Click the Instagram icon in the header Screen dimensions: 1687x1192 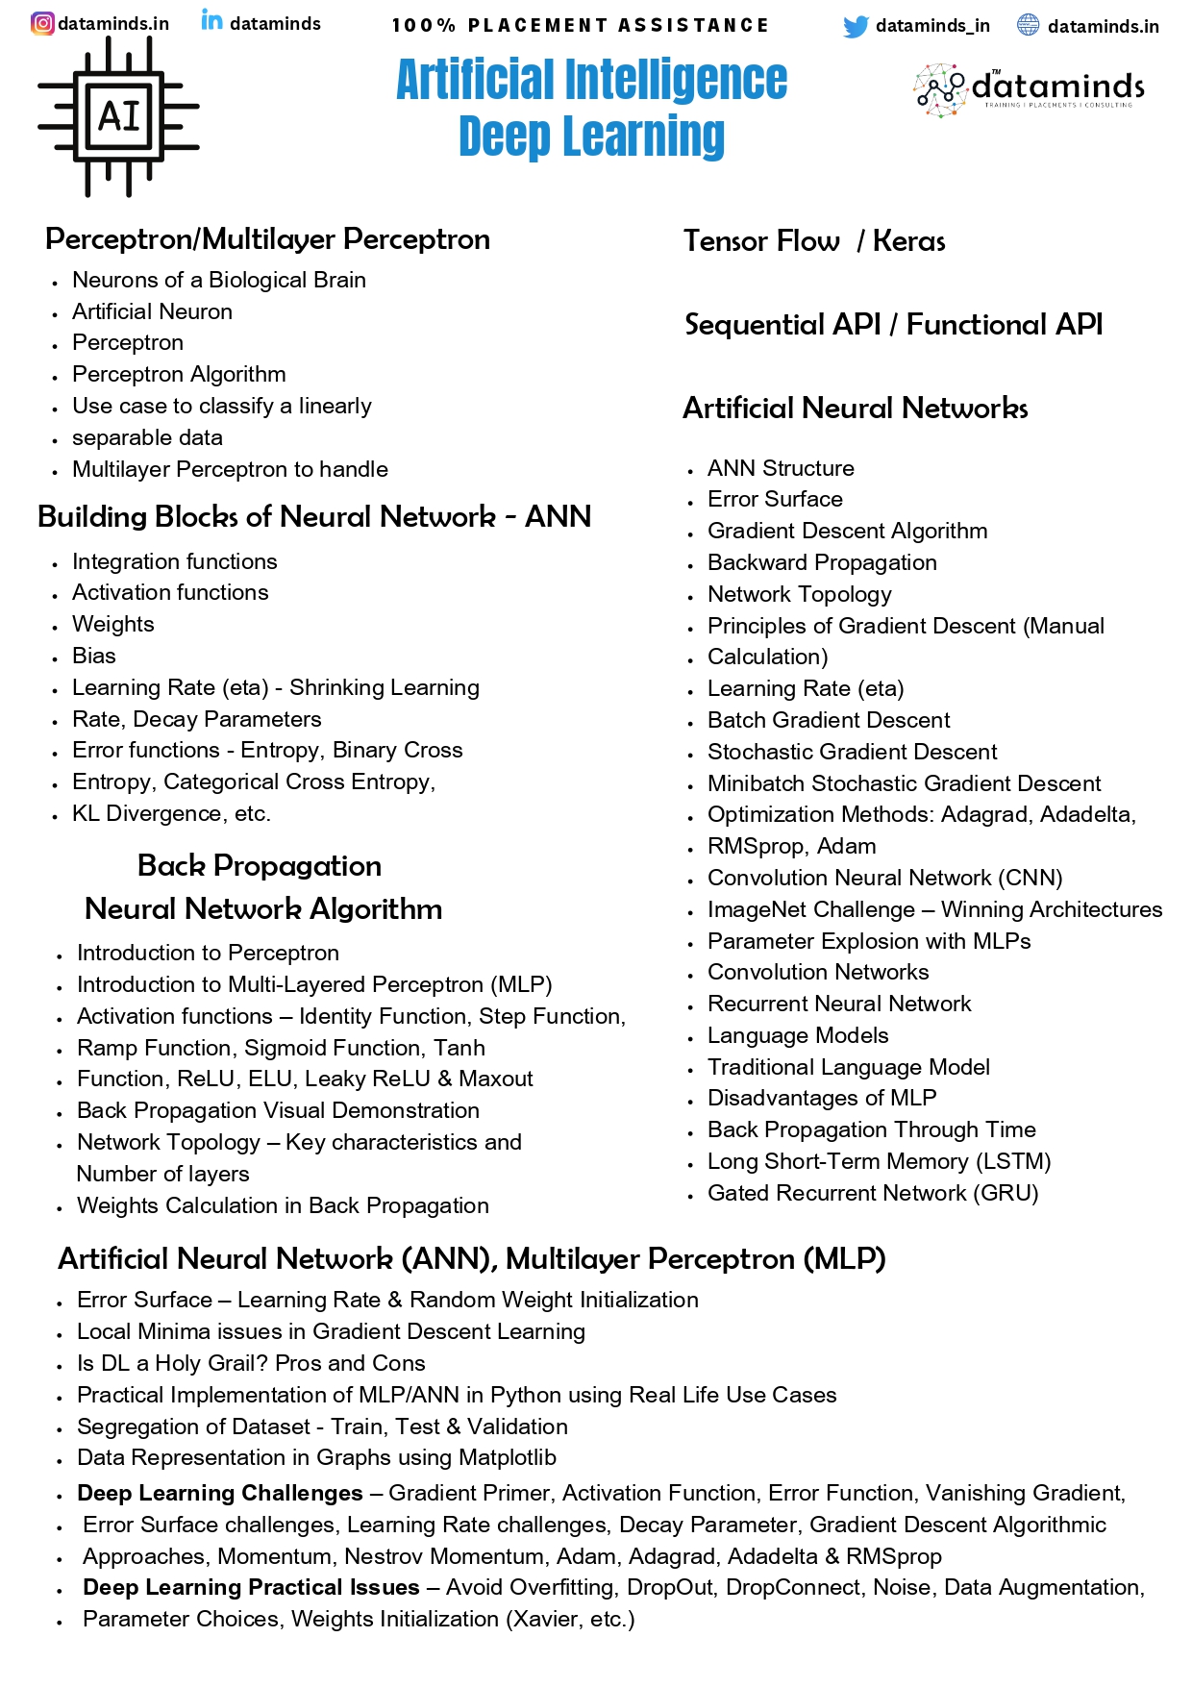tap(42, 23)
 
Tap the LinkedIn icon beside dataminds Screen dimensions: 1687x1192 tap(211, 20)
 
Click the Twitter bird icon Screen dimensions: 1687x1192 tap(855, 27)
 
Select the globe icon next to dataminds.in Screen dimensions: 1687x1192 tap(1028, 25)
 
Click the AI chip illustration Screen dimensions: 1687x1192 tap(118, 118)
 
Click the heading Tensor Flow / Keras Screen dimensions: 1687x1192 tap(813, 241)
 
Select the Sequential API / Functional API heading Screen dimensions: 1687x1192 tap(893, 325)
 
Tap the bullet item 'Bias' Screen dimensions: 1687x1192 tap(94, 656)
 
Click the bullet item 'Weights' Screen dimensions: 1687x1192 tap(113, 624)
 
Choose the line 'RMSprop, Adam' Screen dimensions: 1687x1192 tap(791, 846)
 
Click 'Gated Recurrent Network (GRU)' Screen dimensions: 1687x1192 tap(873, 1193)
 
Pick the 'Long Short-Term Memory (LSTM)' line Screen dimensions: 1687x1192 tap(879, 1161)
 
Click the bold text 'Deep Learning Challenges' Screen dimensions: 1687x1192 tap(220, 1493)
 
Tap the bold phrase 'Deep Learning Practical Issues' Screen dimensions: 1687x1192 tap(251, 1587)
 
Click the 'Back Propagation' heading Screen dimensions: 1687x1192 tap(260, 865)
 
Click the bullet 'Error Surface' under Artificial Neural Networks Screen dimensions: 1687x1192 tap(775, 499)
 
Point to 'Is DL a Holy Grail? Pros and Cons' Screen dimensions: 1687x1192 tap(251, 1363)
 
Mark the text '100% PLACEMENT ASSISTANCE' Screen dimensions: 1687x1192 tap(581, 25)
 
